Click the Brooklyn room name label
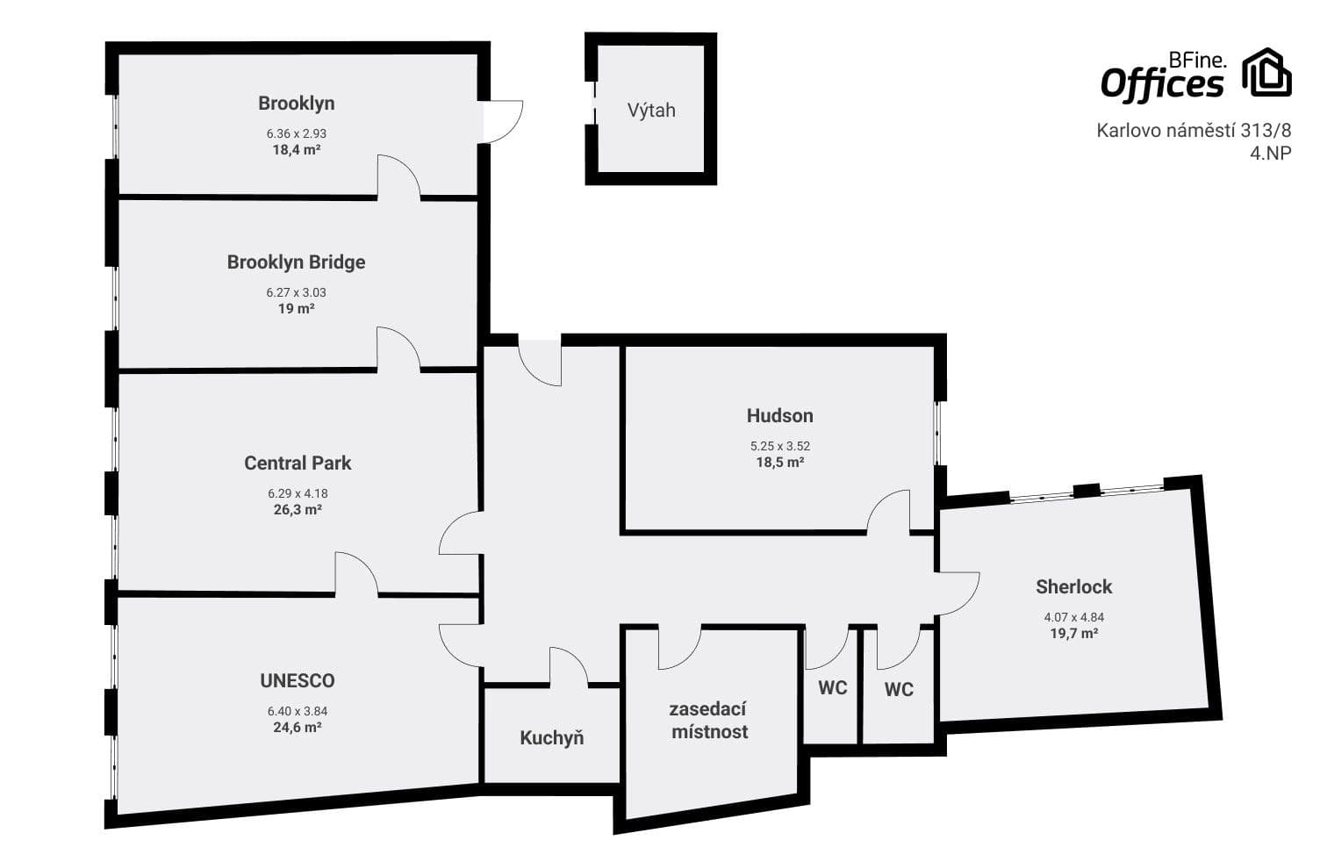[296, 104]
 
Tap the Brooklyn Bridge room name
[296, 262]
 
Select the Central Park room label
[298, 463]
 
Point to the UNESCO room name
[298, 681]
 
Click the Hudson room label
[779, 416]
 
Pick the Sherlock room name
[1073, 587]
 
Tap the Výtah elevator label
[651, 111]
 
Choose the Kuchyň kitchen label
[551, 738]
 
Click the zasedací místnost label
[709, 721]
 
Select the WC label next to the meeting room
[833, 688]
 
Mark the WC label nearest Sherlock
[899, 690]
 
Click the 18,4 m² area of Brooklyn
[296, 150]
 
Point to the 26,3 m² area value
[298, 510]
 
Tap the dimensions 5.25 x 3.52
[779, 446]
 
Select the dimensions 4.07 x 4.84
[1073, 617]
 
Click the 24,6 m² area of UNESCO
[298, 728]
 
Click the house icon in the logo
[1266, 73]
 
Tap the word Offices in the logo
[1161, 85]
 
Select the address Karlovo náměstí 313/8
[1194, 131]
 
